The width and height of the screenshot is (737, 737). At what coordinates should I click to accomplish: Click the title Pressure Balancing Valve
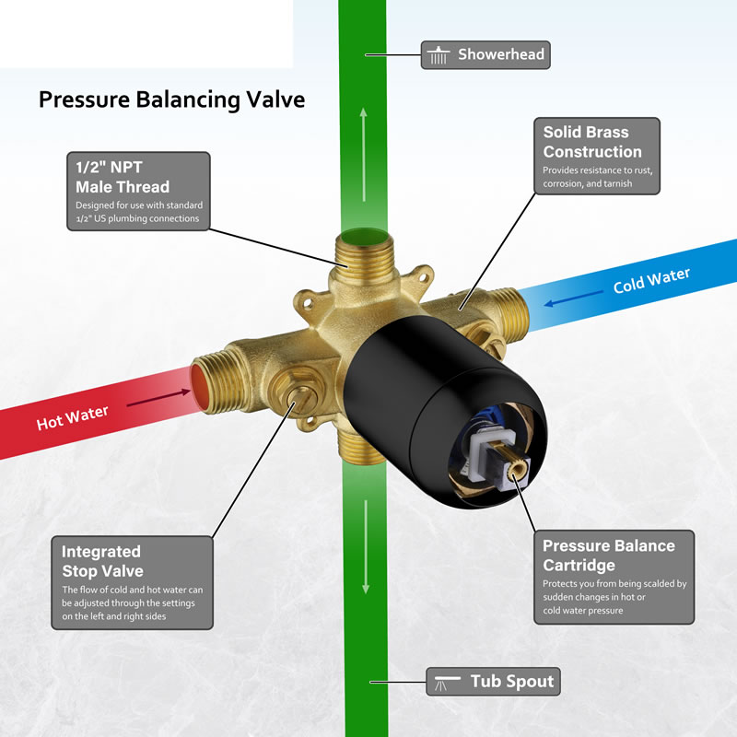click(x=171, y=100)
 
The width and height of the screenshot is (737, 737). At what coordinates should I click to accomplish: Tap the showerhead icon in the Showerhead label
click(x=439, y=55)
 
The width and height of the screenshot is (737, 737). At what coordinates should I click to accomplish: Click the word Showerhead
click(x=501, y=54)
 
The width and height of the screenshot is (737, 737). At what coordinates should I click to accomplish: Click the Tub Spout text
click(x=512, y=681)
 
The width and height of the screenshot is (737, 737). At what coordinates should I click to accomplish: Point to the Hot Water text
click(x=73, y=418)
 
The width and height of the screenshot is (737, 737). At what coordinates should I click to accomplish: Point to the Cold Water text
click(x=651, y=281)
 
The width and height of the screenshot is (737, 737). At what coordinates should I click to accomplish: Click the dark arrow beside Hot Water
click(x=158, y=398)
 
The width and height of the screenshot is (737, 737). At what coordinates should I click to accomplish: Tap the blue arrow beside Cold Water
click(x=573, y=298)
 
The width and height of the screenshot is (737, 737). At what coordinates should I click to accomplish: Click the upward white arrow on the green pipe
click(x=363, y=155)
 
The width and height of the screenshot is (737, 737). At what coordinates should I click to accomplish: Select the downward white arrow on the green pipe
click(x=366, y=546)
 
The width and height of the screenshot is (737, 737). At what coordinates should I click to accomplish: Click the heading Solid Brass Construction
click(x=592, y=142)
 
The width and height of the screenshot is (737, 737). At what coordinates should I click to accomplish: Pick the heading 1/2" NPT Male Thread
click(x=123, y=177)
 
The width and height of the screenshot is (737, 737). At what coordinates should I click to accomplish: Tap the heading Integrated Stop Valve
click(x=102, y=561)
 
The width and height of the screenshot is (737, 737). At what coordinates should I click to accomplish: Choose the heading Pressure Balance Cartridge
click(x=609, y=556)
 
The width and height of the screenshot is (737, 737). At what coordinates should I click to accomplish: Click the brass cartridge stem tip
click(x=516, y=468)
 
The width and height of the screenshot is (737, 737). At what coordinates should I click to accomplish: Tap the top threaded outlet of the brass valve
click(x=365, y=254)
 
